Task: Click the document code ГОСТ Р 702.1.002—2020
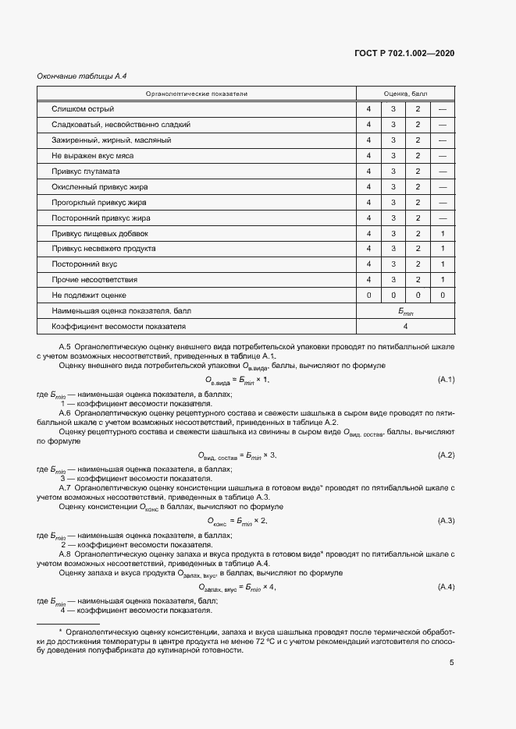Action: tap(405, 53)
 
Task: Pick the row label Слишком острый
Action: tap(83, 108)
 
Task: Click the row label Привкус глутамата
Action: tap(86, 171)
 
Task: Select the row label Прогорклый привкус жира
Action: tap(100, 202)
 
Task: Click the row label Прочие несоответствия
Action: tap(94, 279)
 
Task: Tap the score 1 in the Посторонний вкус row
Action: tap(442, 264)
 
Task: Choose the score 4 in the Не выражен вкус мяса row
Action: tap(368, 155)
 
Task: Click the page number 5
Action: tap(451, 663)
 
